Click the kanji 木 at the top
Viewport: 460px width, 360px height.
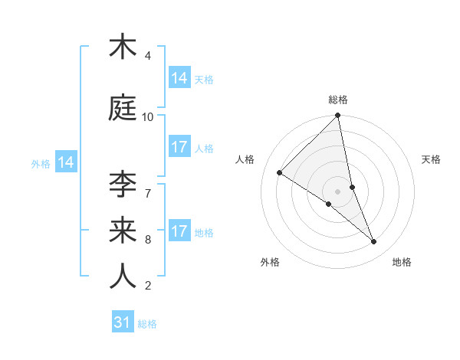(123, 47)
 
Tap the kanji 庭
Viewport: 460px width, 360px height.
(123, 108)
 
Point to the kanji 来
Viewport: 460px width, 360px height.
(123, 229)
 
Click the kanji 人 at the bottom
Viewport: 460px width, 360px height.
(123, 276)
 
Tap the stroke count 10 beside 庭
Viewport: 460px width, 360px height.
(148, 117)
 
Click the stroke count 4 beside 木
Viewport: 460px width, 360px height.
(148, 56)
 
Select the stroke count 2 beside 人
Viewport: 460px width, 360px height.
(148, 286)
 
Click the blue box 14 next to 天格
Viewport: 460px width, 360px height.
(179, 78)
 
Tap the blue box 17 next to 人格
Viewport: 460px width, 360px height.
(179, 148)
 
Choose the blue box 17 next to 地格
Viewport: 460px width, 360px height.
(179, 231)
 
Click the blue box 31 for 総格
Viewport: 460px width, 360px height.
(123, 322)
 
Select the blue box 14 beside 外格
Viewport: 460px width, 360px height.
(66, 162)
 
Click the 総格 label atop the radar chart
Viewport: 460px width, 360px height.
(338, 100)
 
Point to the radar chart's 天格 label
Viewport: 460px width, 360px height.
(431, 159)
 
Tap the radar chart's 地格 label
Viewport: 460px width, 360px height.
(402, 262)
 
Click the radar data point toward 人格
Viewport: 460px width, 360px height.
(280, 172)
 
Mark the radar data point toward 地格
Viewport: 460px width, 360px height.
(374, 241)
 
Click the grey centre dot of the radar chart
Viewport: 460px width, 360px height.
(338, 191)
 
